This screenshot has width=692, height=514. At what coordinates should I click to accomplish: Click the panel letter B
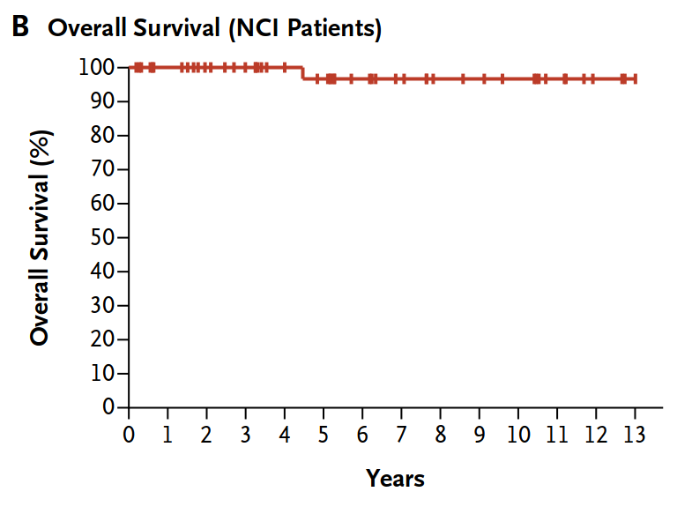pos(20,26)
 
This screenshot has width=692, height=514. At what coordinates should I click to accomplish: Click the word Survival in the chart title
pos(177,27)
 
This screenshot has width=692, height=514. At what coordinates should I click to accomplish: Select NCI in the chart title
pos(257,27)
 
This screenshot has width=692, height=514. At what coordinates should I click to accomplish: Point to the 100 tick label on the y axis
pos(97,67)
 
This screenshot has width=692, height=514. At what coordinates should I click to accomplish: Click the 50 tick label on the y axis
pos(103,237)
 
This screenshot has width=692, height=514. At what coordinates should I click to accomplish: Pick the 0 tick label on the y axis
pos(108,406)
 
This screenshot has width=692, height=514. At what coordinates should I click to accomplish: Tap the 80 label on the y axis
pos(103,135)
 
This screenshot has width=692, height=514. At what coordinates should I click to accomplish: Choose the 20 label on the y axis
pos(103,339)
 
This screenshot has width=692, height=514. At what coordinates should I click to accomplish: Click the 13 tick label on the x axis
pos(635,435)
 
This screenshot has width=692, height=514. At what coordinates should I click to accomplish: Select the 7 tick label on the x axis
pos(401,435)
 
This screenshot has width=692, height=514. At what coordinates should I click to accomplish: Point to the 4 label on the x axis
pos(284,435)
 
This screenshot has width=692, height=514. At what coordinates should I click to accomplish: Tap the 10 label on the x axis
pos(517,435)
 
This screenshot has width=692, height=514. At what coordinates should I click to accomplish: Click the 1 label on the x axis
pos(167,435)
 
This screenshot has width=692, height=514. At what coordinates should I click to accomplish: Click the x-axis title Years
pos(396,479)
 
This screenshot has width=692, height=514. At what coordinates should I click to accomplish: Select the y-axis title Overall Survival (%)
pos(41,238)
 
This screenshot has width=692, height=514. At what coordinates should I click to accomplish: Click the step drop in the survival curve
pos(302,73)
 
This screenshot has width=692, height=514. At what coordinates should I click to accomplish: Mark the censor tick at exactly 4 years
pos(284,68)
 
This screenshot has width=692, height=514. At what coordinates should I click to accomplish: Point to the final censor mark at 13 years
pos(635,79)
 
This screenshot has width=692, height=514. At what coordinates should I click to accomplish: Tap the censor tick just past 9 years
pos(484,79)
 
